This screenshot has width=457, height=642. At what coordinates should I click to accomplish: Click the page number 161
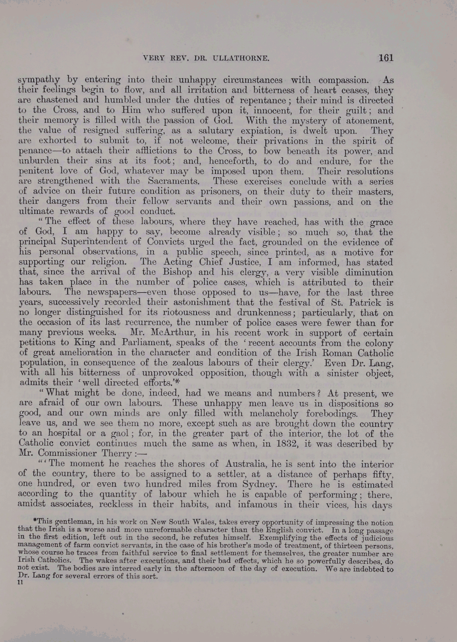[x=386, y=58]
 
